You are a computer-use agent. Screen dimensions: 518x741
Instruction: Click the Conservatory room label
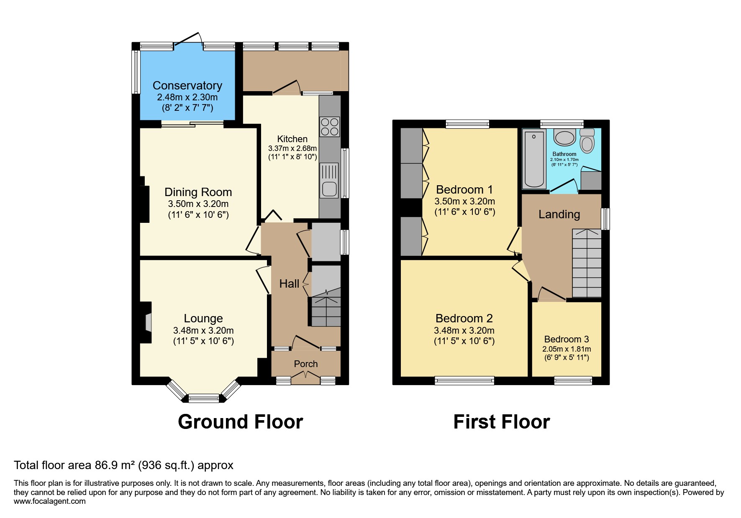point(187,86)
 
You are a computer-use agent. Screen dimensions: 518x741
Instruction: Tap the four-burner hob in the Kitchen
point(330,126)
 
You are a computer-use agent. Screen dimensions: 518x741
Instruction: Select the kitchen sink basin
point(329,189)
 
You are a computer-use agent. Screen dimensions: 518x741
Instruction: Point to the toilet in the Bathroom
point(587,141)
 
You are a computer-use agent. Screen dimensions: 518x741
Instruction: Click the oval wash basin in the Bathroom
point(564,138)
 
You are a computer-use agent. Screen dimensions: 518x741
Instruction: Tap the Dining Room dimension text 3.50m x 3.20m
point(198,204)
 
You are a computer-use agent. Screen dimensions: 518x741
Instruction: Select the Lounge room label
point(203,319)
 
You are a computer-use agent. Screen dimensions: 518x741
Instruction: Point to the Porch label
point(305,364)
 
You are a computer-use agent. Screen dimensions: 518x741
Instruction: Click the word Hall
point(289,284)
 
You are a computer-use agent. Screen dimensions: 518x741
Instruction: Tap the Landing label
point(559,214)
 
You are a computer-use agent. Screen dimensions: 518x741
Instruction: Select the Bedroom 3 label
point(566,339)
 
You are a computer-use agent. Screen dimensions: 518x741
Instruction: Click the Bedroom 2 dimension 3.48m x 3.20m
point(464,330)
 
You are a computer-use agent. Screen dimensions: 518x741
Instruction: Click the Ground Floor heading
point(240,422)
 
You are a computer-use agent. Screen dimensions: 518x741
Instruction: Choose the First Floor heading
point(501,422)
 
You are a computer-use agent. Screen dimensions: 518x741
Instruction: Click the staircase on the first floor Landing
point(587,263)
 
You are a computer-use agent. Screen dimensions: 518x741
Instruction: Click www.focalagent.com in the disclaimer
point(49,501)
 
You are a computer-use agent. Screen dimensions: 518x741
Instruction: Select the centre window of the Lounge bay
point(204,398)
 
